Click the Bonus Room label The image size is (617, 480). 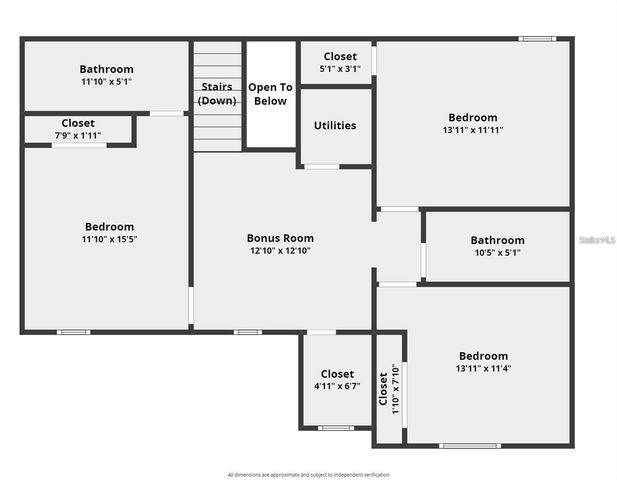pos(280,238)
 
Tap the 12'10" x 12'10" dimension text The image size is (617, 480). pos(280,251)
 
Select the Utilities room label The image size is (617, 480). pos(335,126)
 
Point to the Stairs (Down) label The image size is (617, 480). pos(217,94)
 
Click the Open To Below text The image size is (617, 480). pos(270,94)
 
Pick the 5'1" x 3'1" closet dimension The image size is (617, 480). pos(340,69)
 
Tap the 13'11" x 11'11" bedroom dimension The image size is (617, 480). pos(473,130)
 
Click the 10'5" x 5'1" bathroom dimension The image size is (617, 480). pos(497,253)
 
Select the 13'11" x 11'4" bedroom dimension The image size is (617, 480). pos(483,369)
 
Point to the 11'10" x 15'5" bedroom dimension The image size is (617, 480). pos(108,240)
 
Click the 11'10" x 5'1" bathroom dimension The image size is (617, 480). pos(107,82)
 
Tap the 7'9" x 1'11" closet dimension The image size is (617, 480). pos(78,135)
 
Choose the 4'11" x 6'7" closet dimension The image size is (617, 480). pos(337,387)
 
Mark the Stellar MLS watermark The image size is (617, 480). pos(597,241)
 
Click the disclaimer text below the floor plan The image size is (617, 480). pos(308,474)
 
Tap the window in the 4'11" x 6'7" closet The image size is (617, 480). pos(336,428)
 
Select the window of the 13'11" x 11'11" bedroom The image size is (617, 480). pos(537,39)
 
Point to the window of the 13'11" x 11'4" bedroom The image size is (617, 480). pos(470,445)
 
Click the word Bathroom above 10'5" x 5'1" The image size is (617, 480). pos(497,240)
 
